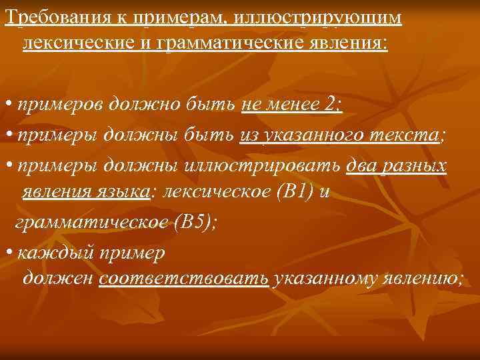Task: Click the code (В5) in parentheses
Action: (193, 223)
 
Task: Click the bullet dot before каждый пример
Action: (8, 254)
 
